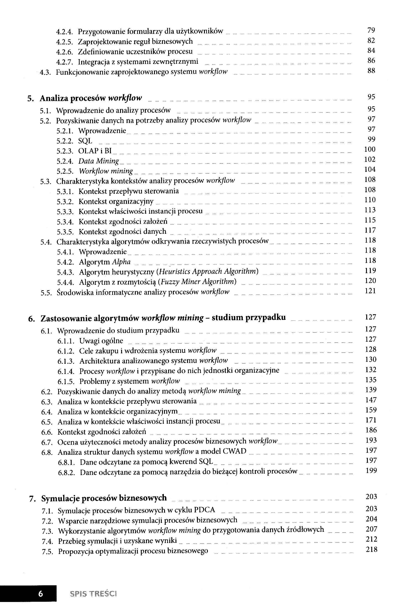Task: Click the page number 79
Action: pyautogui.click(x=371, y=30)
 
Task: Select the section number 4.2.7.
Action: pyautogui.click(x=65, y=62)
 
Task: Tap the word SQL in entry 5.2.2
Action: pyautogui.click(x=85, y=141)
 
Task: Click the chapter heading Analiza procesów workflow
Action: pyautogui.click(x=91, y=98)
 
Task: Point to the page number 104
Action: pyautogui.click(x=370, y=170)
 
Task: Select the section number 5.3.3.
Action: pyautogui.click(x=65, y=212)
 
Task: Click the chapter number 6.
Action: pyautogui.click(x=31, y=319)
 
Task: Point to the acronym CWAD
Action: pyautogui.click(x=234, y=451)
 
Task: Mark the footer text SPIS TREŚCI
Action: pyautogui.click(x=93, y=594)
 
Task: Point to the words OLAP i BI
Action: pyautogui.click(x=95, y=151)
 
